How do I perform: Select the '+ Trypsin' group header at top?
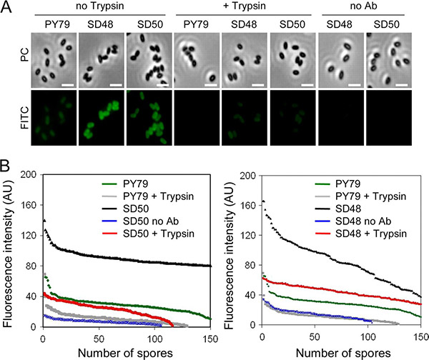(x=243, y=7)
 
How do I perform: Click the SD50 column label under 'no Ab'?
(x=387, y=23)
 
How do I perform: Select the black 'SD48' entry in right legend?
(x=347, y=208)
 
